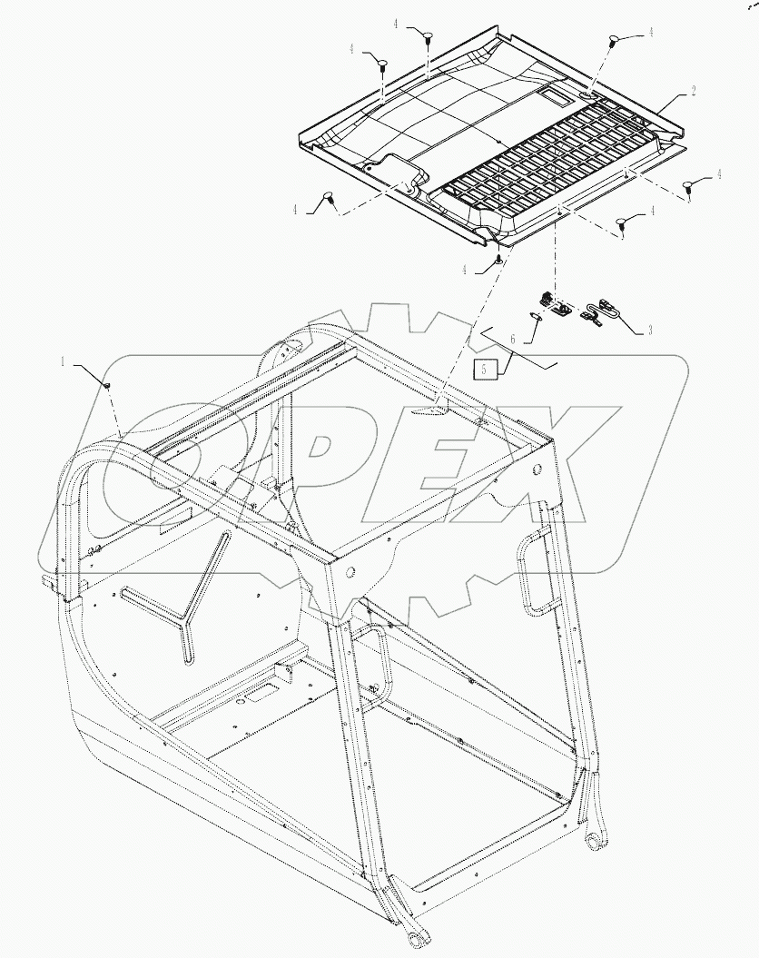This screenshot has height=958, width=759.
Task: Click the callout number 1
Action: tap(64, 361)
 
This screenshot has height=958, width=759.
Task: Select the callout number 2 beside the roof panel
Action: tap(693, 91)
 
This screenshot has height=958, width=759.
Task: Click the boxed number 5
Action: tap(484, 369)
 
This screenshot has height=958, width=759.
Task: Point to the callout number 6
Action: tap(512, 338)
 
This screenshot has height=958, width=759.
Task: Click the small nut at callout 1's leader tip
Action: tap(107, 385)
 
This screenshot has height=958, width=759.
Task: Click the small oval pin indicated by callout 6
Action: tap(535, 317)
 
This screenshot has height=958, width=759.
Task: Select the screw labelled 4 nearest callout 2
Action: tap(614, 39)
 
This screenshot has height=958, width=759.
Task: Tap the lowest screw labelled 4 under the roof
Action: tap(498, 262)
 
